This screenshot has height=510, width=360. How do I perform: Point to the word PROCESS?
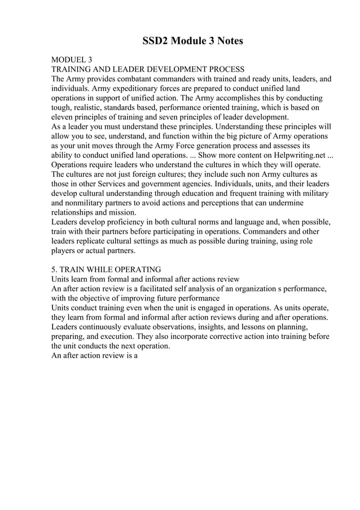[224, 69]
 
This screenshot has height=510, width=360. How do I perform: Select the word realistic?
[96, 107]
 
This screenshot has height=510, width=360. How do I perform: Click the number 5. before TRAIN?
[55, 269]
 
